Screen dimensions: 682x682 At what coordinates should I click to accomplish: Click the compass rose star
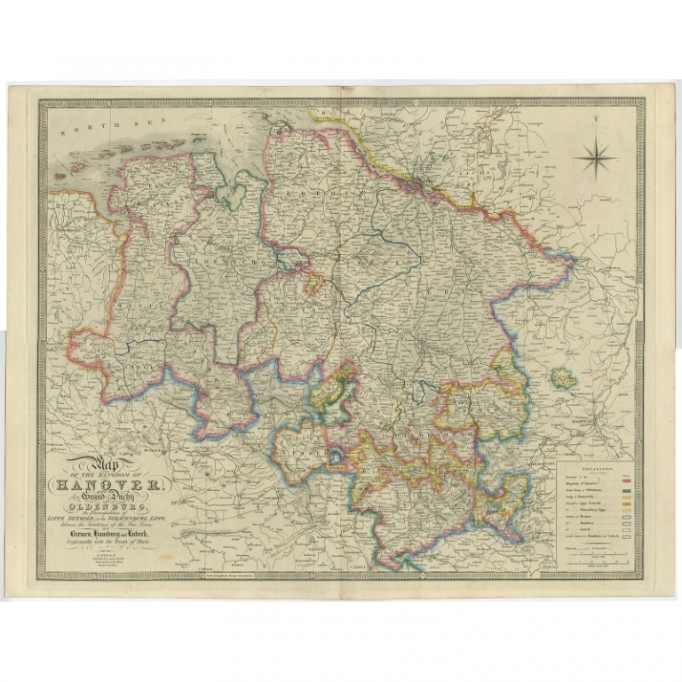click(x=595, y=160)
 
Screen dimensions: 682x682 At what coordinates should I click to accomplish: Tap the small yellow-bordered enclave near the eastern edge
click(x=563, y=378)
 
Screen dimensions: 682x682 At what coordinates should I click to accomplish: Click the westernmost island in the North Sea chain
click(x=60, y=175)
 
